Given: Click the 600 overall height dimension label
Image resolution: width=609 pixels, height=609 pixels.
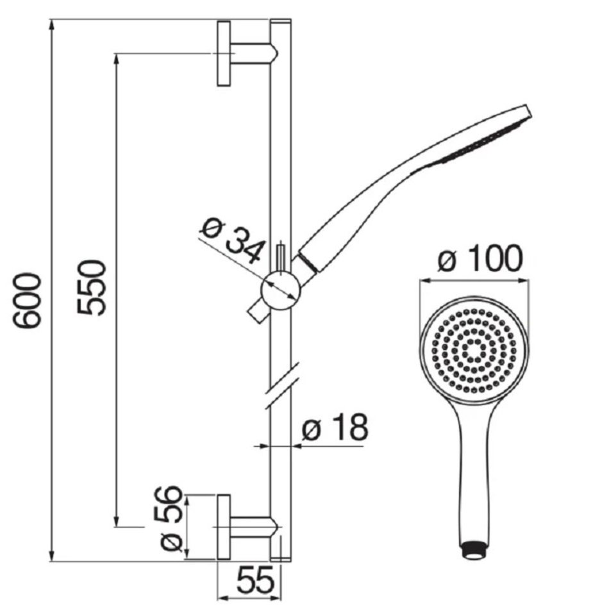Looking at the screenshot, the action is click(26, 301).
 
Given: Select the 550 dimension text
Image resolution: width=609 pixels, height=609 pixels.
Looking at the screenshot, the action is click(91, 287).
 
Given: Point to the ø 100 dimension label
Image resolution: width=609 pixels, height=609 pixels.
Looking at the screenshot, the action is click(480, 258).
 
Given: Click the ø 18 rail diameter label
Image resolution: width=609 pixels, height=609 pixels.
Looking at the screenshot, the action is click(335, 427).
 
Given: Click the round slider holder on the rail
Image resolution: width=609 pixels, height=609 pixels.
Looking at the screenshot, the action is click(280, 290).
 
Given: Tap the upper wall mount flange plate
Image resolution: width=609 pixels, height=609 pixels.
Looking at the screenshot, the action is click(224, 54).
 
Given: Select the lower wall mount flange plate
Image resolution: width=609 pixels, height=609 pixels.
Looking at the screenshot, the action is click(224, 527).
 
